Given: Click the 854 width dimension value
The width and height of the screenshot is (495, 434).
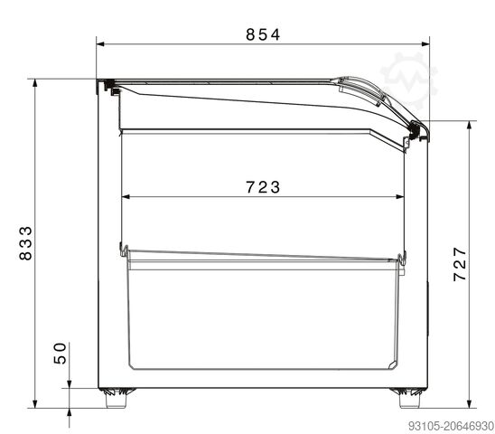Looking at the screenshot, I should click(x=263, y=34).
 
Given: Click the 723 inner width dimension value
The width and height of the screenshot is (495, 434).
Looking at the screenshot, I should click(x=263, y=187).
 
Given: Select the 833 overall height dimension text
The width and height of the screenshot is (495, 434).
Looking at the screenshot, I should click(x=26, y=242).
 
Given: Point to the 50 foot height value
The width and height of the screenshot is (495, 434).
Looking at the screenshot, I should click(x=61, y=353).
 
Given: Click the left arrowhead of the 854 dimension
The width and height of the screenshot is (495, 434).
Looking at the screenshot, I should click(x=101, y=42).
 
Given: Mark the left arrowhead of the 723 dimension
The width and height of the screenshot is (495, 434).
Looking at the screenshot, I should click(x=126, y=194).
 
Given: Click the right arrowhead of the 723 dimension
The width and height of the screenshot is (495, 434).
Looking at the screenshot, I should click(x=400, y=194).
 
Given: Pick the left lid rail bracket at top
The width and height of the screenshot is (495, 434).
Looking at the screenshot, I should click(x=109, y=87).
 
